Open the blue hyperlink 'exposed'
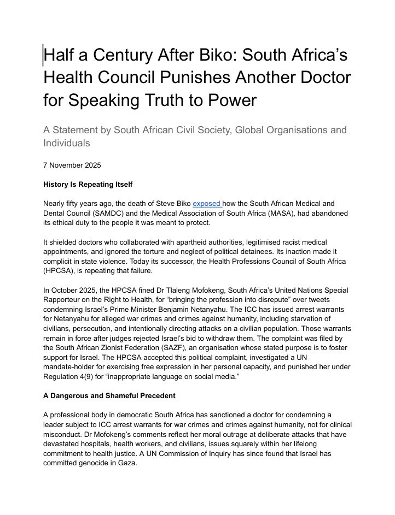(x=206, y=204)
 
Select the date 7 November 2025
(x=72, y=165)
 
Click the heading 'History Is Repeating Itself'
(x=88, y=184)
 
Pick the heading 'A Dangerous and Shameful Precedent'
(x=109, y=395)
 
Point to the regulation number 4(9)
(x=89, y=377)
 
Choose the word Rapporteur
(x=63, y=300)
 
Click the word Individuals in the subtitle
(x=67, y=143)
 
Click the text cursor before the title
(x=43, y=56)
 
